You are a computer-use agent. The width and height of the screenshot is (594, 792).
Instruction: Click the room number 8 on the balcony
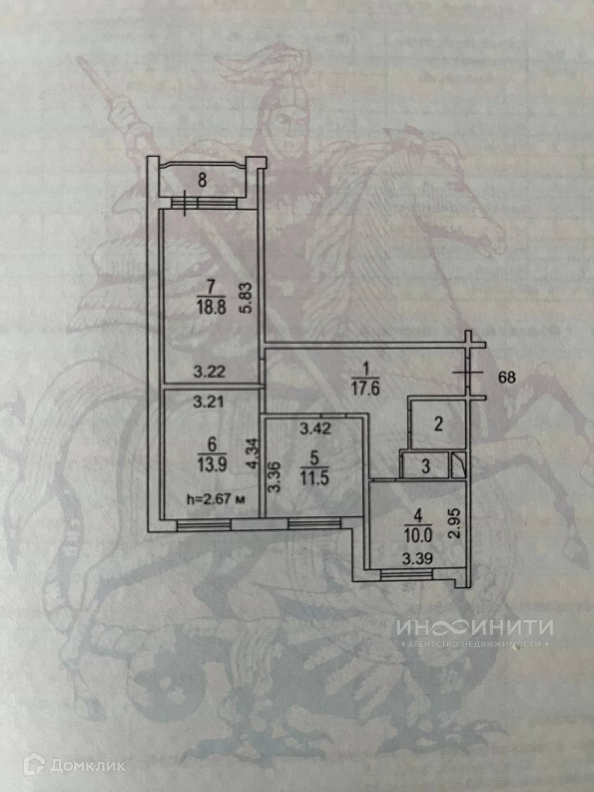(202, 181)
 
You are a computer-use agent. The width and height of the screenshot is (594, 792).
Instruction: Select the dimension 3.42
(314, 427)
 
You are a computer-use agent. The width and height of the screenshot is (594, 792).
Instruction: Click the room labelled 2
(437, 424)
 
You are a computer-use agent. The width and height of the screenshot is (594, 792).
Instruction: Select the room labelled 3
(425, 467)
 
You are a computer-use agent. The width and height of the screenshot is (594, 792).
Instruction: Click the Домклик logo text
(87, 765)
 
